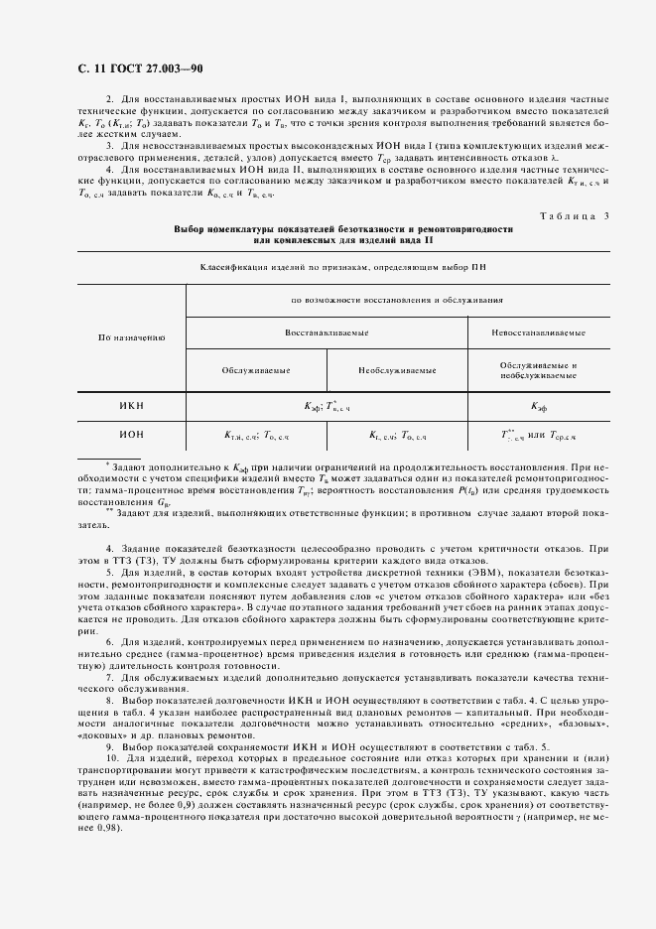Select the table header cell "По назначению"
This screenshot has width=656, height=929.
131,337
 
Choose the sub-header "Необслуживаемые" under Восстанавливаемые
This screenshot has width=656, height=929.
398,370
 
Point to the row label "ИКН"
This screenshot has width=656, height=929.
131,405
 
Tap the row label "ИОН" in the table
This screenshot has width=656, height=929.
131,434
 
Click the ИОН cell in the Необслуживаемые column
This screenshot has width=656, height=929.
398,435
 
